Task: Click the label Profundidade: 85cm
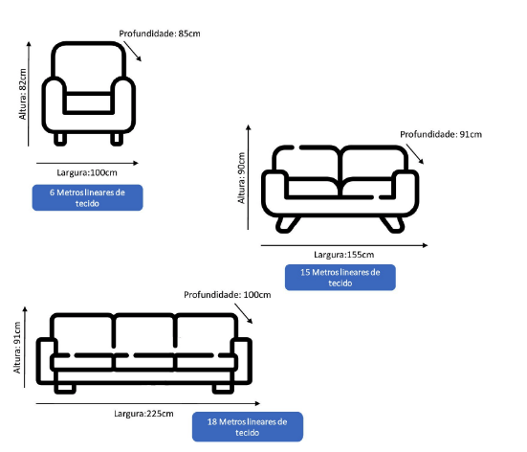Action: (x=160, y=34)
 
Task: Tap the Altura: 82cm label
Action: (x=23, y=94)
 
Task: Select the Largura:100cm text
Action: (x=87, y=172)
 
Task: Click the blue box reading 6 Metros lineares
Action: (x=87, y=197)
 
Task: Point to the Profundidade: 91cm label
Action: (x=441, y=135)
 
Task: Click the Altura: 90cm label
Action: (x=241, y=178)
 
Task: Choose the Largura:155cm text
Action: (x=343, y=255)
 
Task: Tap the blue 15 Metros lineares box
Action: (x=340, y=278)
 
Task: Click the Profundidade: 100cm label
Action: (x=228, y=295)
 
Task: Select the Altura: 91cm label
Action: (x=17, y=348)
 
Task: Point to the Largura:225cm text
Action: (x=143, y=414)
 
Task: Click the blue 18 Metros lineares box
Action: (x=248, y=427)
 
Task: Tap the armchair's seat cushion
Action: (x=89, y=103)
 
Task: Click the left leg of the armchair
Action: (x=60, y=139)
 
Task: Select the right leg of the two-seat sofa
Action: (x=392, y=224)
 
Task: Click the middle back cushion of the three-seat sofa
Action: (x=144, y=330)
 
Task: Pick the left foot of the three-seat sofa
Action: (x=65, y=389)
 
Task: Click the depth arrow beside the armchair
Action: (x=132, y=52)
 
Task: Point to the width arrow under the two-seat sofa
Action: (x=344, y=245)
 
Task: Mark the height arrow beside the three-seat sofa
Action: (x=25, y=348)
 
